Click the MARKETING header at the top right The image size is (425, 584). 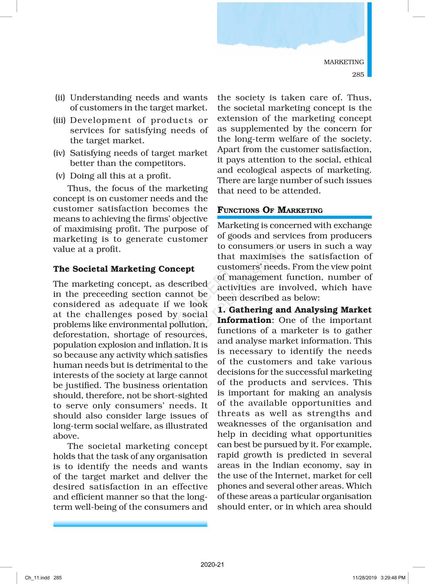point(343,62)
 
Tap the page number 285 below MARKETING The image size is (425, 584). point(358,75)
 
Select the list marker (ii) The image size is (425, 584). point(60,98)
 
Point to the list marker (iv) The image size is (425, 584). point(59,153)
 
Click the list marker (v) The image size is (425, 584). point(60,176)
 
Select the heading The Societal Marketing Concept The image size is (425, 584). point(124,269)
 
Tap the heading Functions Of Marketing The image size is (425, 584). point(270,210)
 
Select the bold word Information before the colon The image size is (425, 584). point(244,320)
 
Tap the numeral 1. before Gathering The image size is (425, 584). point(221,310)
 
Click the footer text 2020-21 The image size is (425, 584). point(212,565)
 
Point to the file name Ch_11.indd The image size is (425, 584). point(37,578)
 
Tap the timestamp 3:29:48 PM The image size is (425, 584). point(393,578)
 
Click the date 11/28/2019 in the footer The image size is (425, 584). point(364,578)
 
